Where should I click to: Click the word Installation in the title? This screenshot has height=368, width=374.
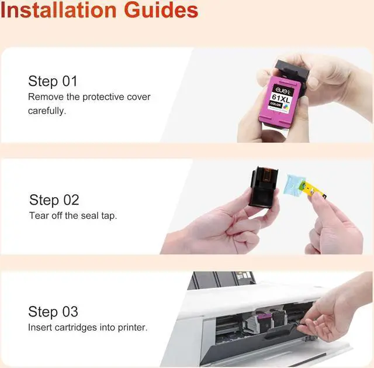click(x=58, y=11)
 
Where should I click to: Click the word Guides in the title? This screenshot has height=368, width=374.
click(x=161, y=11)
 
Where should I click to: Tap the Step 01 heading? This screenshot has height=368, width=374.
click(x=53, y=81)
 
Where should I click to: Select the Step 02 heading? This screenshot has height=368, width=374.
click(x=54, y=200)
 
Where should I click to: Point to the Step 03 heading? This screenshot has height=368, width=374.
click(x=53, y=312)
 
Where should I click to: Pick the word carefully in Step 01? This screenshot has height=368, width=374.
click(x=47, y=111)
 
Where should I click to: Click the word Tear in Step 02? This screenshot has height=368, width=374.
click(x=39, y=216)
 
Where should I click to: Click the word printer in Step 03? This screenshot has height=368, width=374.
click(x=133, y=328)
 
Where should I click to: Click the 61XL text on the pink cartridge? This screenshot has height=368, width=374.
click(x=280, y=98)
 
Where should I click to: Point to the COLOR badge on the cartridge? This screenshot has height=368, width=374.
click(x=276, y=104)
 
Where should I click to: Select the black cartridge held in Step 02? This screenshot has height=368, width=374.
click(x=264, y=187)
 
